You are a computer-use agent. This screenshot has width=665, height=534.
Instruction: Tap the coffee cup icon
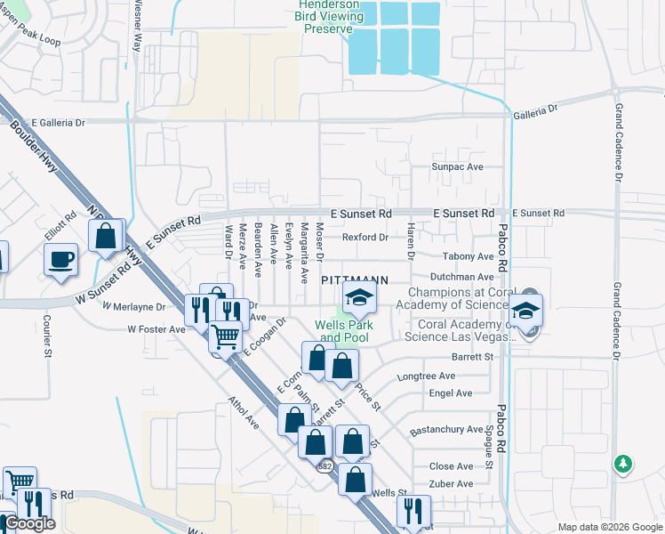pos(60,260)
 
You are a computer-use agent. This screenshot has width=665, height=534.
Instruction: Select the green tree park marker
pos(624,464)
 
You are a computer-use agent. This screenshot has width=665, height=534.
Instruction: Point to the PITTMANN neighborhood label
pos(354,279)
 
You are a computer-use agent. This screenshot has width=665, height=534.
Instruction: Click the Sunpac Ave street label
pos(456,166)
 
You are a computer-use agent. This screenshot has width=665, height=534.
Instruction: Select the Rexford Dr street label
pos(365,238)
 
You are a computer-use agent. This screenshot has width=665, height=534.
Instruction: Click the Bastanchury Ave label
pos(446,430)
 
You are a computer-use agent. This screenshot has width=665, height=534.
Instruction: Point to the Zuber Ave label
pos(451,484)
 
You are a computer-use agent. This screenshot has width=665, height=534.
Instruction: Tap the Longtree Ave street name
pos(428,376)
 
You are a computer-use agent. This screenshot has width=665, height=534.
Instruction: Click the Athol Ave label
pos(244,414)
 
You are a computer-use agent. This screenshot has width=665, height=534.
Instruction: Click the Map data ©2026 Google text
pos(609,527)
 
